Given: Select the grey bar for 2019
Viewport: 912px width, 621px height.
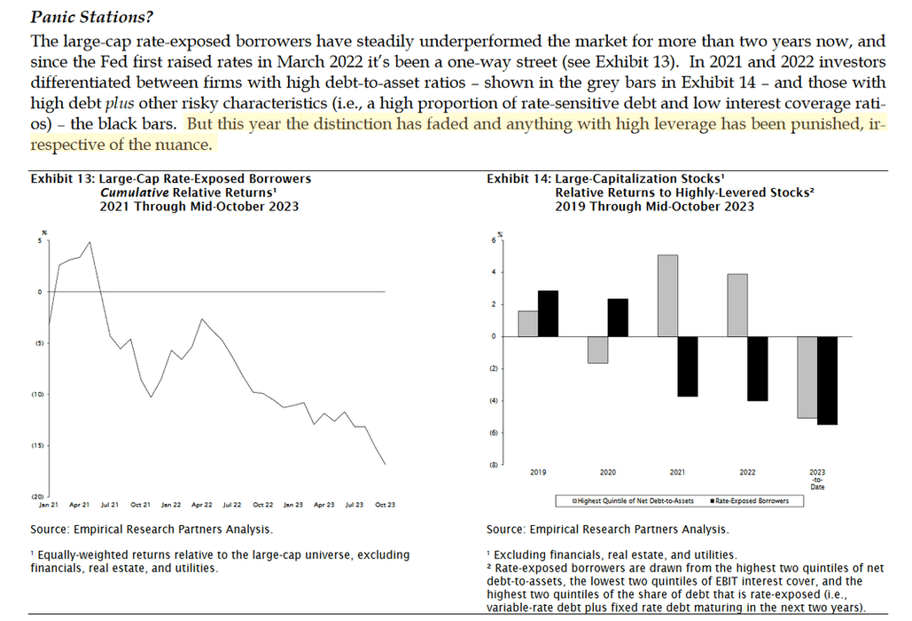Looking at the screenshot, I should point(527,324).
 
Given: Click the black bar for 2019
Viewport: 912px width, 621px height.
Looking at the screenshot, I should point(549,313).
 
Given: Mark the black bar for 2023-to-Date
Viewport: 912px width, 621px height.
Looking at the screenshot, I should point(828,381).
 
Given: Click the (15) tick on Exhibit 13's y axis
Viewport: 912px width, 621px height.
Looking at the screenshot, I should point(38,444).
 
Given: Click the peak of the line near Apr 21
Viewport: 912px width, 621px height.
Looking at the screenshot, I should point(90,241).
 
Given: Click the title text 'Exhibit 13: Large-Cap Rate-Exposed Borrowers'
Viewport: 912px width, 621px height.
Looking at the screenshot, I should point(171,178).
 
